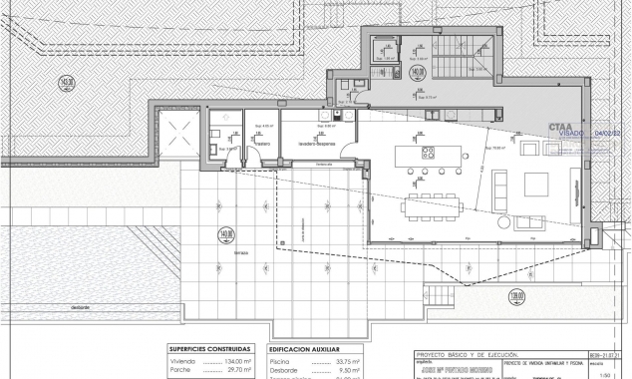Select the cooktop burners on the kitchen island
coord(429,154)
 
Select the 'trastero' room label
coord(262,145)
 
